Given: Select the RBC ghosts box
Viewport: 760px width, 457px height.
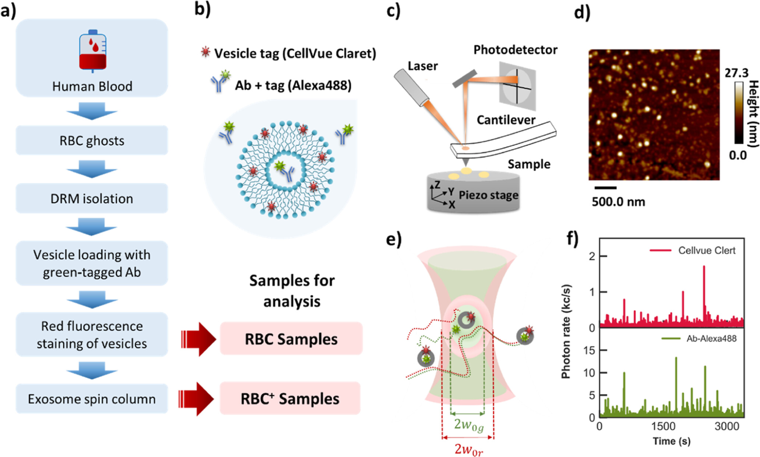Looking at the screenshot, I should point(92,140).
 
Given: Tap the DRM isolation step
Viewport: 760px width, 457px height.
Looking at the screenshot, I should point(92,198).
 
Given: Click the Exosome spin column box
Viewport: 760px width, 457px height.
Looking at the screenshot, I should point(92,399).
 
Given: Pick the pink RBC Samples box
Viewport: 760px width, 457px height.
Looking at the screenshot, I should point(291,339).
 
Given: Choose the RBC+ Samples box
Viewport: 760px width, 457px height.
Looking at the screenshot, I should point(290,398).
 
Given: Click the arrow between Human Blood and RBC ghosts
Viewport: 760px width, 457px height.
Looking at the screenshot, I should point(92,111).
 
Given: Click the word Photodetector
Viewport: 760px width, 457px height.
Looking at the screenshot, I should point(515,50).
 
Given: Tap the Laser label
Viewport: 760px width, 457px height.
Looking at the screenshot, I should point(422,66).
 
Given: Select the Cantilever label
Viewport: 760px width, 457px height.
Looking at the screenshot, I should point(506,120).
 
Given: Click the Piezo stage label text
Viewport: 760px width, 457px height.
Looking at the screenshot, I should point(488,195).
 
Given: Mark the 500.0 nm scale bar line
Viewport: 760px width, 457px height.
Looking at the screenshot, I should point(605,188).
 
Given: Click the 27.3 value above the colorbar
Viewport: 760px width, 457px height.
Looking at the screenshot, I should point(736,73).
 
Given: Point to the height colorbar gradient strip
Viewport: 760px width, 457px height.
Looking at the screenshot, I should point(739,112).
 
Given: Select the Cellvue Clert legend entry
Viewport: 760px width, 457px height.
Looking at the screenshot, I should point(692,251).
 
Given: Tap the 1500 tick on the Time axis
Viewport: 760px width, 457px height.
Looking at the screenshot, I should point(663,426).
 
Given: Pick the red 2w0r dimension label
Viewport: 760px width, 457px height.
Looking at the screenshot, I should point(468,449).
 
